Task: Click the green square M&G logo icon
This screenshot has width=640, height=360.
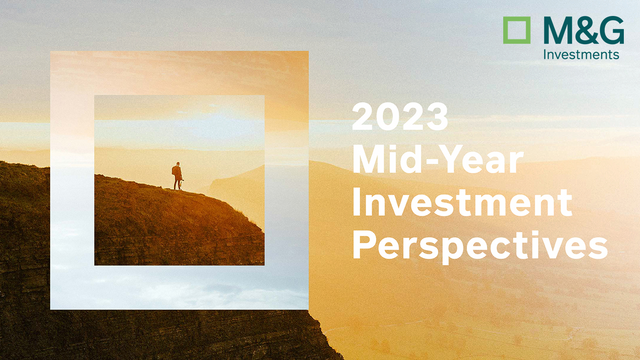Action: tap(516, 30)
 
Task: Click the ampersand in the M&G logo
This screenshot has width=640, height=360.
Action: tap(585, 30)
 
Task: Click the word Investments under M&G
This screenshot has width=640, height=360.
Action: tap(581, 54)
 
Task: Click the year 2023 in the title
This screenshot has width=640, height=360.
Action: tap(400, 117)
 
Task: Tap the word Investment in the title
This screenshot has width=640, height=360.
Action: tap(463, 201)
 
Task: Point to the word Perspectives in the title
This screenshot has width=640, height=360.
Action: tap(479, 244)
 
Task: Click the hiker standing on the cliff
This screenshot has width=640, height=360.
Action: tap(177, 176)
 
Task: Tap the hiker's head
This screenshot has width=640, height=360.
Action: tap(177, 165)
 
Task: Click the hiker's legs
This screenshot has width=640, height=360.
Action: tap(177, 185)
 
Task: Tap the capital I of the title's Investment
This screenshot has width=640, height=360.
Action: tap(357, 201)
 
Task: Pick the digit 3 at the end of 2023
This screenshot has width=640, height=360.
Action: tap(436, 117)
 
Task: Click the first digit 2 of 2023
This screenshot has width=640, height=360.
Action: tap(364, 117)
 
